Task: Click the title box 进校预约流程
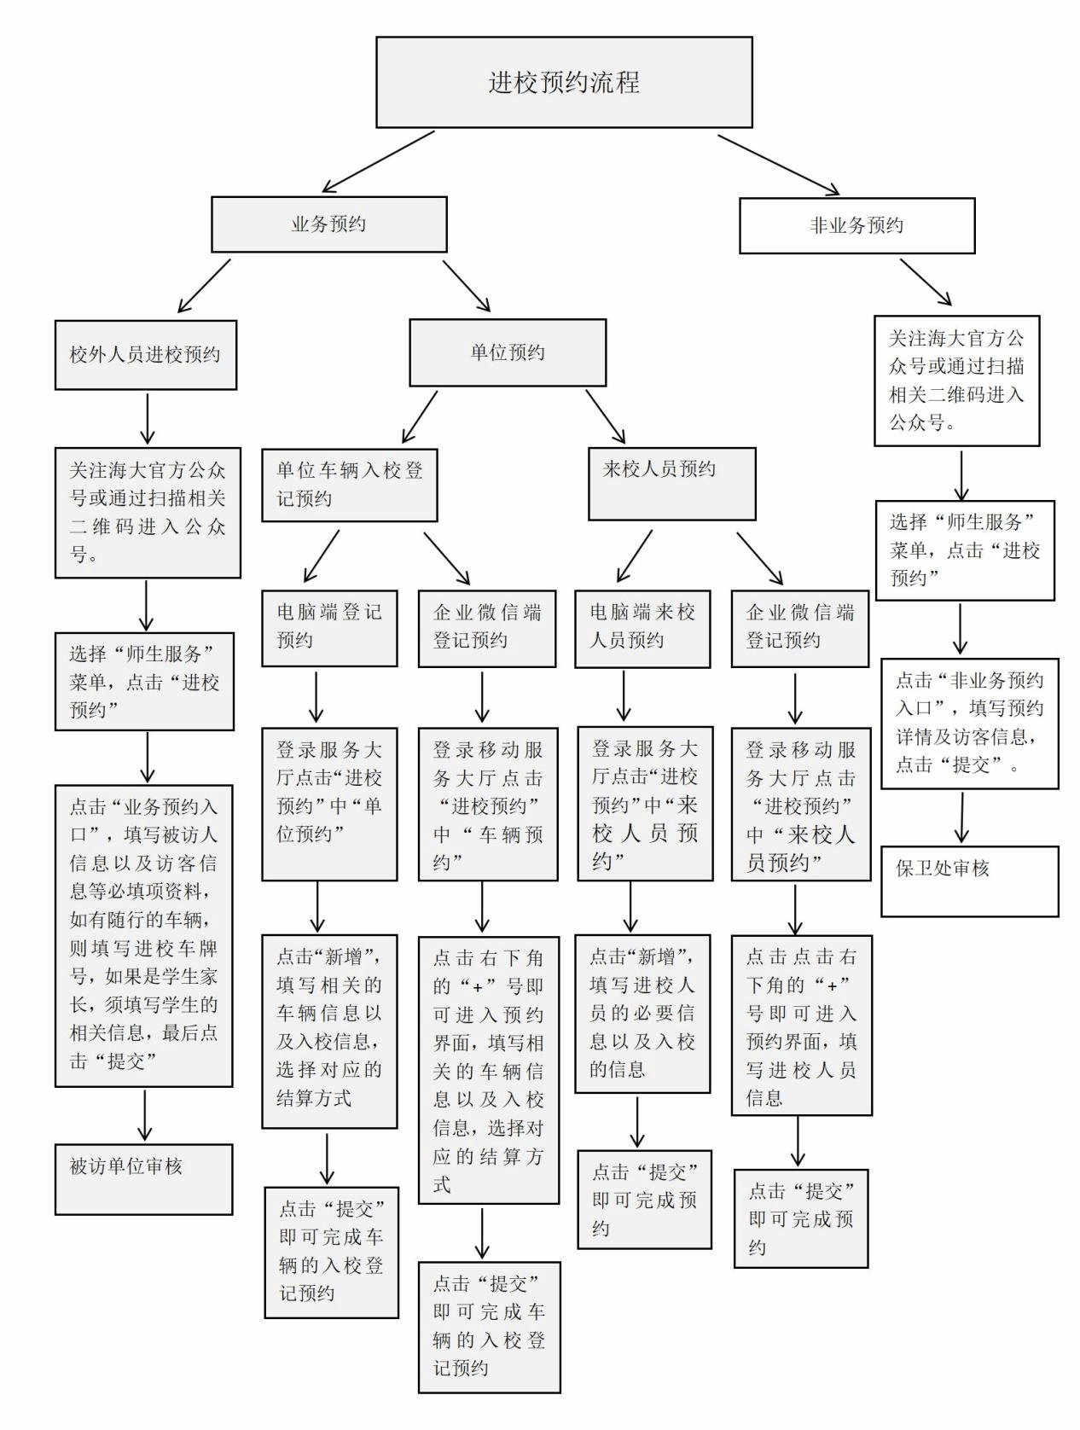[564, 82]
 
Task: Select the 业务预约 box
[328, 224]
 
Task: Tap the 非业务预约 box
[856, 225]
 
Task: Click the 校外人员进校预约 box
[145, 355]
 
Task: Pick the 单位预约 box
[508, 352]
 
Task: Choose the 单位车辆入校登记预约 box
[349, 485]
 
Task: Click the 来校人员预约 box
[671, 483]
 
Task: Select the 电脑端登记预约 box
[329, 627]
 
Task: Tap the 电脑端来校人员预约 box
[642, 627]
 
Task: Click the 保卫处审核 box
[969, 881]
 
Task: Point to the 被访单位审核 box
[143, 1178]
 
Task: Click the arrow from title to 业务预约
[378, 161]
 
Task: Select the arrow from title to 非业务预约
[778, 164]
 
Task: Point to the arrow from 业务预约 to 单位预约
[467, 286]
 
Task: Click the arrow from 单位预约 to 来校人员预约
[605, 417]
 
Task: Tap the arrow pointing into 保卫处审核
[962, 818]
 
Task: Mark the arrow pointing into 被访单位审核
[145, 1115]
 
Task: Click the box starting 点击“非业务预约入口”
[969, 723]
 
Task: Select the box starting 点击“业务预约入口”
[143, 935]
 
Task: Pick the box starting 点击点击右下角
[801, 1025]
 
